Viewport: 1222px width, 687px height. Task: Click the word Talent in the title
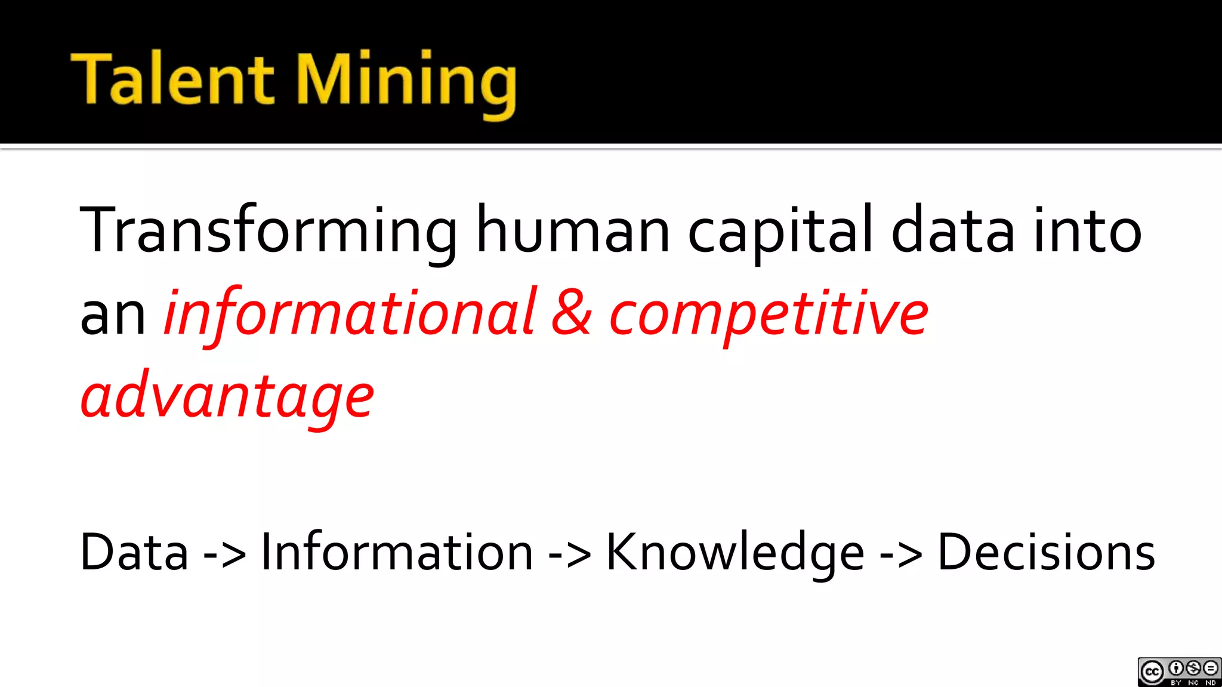(172, 79)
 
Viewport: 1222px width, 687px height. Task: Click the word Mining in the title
(406, 81)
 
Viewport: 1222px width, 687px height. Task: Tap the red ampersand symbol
(571, 313)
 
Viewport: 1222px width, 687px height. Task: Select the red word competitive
(769, 314)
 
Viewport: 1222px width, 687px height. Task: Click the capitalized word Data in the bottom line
(134, 552)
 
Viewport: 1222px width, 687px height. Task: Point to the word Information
(397, 552)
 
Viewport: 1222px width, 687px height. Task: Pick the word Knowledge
(735, 552)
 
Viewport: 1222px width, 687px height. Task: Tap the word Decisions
(1046, 552)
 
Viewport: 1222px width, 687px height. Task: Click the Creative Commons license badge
(1179, 672)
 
